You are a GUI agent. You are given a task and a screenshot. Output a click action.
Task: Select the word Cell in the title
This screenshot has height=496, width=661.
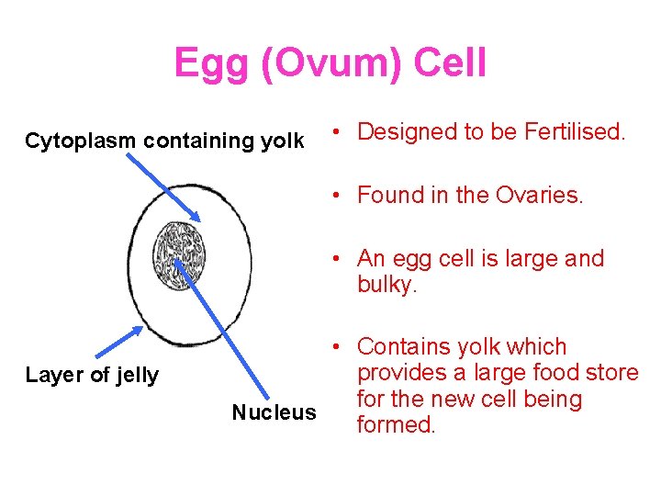pyautogui.click(x=450, y=64)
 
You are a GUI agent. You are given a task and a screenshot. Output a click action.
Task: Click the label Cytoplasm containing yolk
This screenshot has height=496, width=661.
pyautogui.click(x=164, y=141)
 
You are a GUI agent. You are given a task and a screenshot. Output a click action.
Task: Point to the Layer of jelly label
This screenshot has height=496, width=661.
pyautogui.click(x=92, y=375)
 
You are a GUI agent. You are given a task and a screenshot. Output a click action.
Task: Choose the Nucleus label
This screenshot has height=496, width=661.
pyautogui.click(x=274, y=412)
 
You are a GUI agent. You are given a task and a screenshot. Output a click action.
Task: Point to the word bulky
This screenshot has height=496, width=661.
pyautogui.click(x=387, y=285)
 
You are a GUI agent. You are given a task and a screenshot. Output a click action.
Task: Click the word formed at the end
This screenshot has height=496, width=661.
pyautogui.click(x=396, y=425)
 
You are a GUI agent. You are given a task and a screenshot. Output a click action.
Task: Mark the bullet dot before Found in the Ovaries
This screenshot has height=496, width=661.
pyautogui.click(x=339, y=196)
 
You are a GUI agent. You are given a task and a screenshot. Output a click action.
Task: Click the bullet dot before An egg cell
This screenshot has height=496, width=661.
pyautogui.click(x=339, y=259)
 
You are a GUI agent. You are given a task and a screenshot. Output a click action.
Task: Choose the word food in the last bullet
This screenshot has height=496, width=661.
pyautogui.click(x=536, y=373)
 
